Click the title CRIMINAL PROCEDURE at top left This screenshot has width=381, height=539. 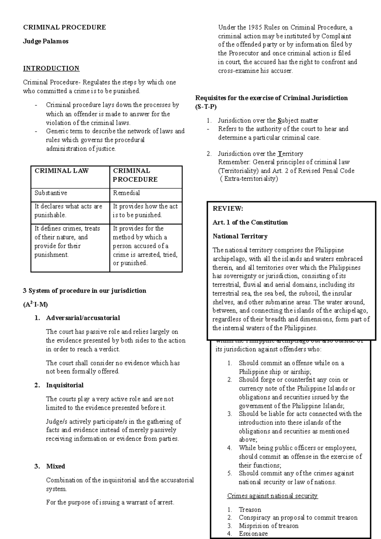point(64,27)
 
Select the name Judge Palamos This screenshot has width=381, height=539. point(46,41)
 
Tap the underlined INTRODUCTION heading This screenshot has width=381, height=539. point(51,69)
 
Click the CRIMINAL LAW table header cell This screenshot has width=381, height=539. point(62,171)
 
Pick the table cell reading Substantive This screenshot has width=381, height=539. point(51,193)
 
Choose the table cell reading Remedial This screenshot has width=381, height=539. point(126,193)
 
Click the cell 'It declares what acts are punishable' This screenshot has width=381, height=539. point(68,211)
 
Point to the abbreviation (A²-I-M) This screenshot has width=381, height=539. point(35,305)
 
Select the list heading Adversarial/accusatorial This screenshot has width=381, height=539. point(83,318)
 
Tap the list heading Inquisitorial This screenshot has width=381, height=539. point(65,385)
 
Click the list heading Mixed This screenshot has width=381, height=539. point(56,466)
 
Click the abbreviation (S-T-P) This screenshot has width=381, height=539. point(206,107)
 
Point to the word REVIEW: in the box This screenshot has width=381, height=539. point(228,209)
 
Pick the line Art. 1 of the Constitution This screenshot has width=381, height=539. point(250,223)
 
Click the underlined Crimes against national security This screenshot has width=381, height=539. point(272,496)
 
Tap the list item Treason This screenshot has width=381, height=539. point(250,509)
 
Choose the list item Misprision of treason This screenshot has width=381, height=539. point(269,526)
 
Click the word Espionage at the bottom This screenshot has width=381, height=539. point(253,534)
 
